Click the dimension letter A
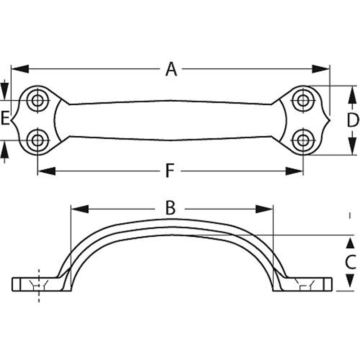coord(171,69)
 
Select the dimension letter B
coord(171,208)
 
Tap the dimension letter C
coord(351,262)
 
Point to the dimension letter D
coord(352,120)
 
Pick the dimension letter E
coord(5,118)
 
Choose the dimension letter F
coord(170,171)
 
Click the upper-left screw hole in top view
coord(38,100)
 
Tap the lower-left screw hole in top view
coord(38,140)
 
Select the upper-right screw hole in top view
coord(303,100)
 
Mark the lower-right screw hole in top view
coord(303,140)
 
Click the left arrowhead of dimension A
coord(20,69)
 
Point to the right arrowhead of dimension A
coord(321,69)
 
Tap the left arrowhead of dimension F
coord(46,171)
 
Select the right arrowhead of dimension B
coord(264,209)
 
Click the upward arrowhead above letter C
coord(350,243)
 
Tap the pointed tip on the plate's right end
coord(330,120)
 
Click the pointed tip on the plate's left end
coord(11,120)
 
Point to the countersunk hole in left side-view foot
coord(39,285)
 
